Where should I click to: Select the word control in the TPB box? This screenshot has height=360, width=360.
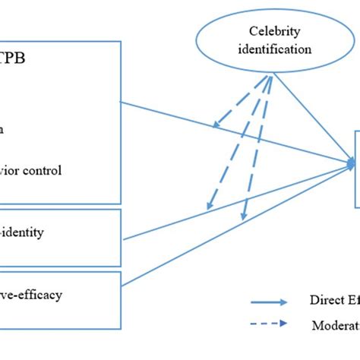pyautogui.click(x=62, y=170)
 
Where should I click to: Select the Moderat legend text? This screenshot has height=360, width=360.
pyautogui.click(x=334, y=325)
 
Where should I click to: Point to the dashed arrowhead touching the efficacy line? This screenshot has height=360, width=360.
pyautogui.click(x=242, y=217)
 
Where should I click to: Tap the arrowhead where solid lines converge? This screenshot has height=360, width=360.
pyautogui.click(x=352, y=162)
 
